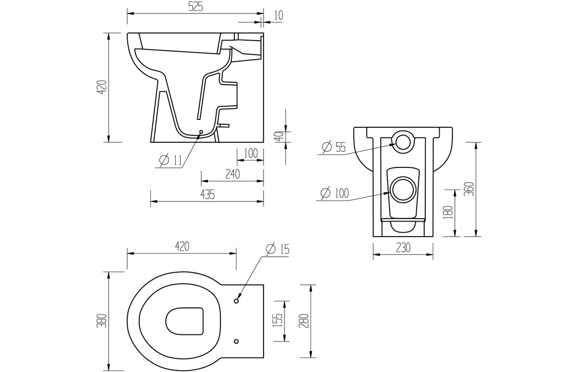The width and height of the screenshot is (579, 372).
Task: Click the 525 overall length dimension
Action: [x=195, y=7]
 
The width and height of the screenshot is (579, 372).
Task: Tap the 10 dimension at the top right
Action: [x=278, y=15]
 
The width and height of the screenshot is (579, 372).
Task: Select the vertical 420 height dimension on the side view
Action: [x=102, y=87]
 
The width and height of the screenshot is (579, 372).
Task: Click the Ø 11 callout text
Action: [x=170, y=160]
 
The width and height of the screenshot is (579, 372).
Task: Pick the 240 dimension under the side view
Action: [x=232, y=174]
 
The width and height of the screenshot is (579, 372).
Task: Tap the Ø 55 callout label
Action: [x=334, y=147]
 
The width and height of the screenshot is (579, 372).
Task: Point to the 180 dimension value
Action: [x=448, y=212]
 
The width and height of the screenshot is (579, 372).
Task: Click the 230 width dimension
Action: [x=403, y=247]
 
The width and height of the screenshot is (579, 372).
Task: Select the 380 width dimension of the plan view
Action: [x=102, y=320]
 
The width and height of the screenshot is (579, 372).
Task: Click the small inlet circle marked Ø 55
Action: [x=403, y=142]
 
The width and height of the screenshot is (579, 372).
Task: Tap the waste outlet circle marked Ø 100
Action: [x=403, y=189]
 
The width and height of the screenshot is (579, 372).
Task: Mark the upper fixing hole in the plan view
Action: [x=236, y=301]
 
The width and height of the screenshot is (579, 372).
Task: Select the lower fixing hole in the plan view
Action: [x=236, y=341]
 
